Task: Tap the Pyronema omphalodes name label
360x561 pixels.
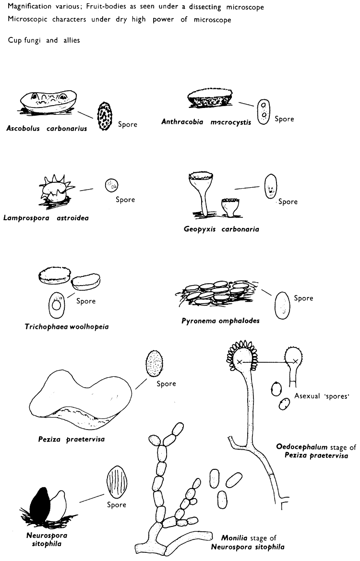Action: pos(220,320)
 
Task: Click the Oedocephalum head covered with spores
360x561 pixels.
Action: pos(239,361)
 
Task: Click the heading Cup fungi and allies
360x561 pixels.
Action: pos(44,40)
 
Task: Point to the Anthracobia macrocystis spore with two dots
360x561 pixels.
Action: pos(262,112)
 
